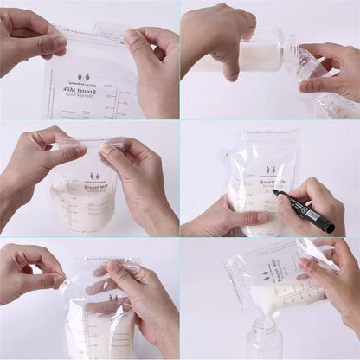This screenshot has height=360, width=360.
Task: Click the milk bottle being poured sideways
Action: click(x=251, y=54)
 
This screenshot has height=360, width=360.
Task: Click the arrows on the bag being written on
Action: click(x=271, y=170)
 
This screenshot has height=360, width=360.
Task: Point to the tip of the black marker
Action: click(x=275, y=192)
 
